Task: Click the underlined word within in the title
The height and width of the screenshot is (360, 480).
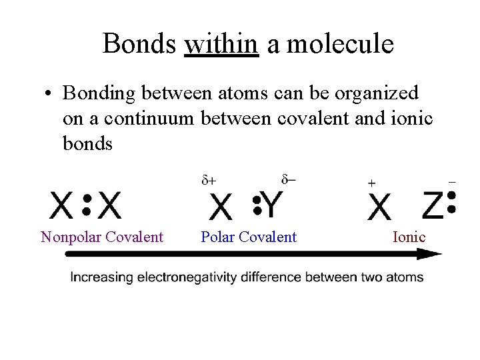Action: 221,44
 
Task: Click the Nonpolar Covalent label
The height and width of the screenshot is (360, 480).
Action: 102,237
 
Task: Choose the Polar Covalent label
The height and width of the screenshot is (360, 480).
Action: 249,237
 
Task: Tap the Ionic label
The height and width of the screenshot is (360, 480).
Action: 409,237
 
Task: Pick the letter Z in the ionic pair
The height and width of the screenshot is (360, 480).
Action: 433,205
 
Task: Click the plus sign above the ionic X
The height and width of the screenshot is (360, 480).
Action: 371,183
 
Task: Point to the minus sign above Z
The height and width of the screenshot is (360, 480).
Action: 452,181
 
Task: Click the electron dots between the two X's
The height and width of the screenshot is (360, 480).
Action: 86,205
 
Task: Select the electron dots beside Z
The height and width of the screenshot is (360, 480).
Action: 451,203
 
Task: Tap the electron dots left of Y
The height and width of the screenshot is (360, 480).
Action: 256,205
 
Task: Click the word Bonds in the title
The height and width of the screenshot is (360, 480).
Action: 139,44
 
